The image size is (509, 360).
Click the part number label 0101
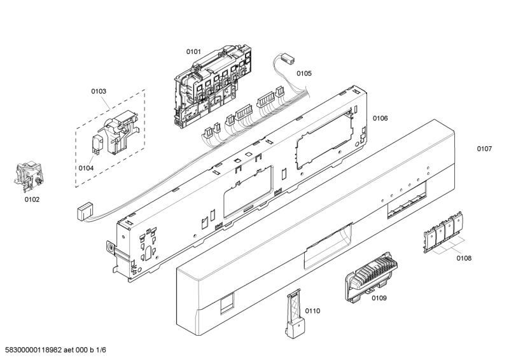[x=193, y=52]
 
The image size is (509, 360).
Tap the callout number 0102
[x=32, y=200]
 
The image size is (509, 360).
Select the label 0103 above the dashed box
[x=99, y=91]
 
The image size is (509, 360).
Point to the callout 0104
[x=86, y=168]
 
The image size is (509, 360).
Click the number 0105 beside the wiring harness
[x=304, y=73]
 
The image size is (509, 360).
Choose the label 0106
[x=380, y=118]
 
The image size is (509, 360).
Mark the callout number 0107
[x=484, y=149]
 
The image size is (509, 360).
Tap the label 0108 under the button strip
[x=464, y=258]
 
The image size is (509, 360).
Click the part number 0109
[x=379, y=298]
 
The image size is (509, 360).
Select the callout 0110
[x=312, y=311]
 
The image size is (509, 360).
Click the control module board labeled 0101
[x=213, y=88]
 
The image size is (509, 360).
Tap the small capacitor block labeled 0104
[x=98, y=144]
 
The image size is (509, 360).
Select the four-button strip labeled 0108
[x=443, y=232]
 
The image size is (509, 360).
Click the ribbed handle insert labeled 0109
[x=371, y=277]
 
